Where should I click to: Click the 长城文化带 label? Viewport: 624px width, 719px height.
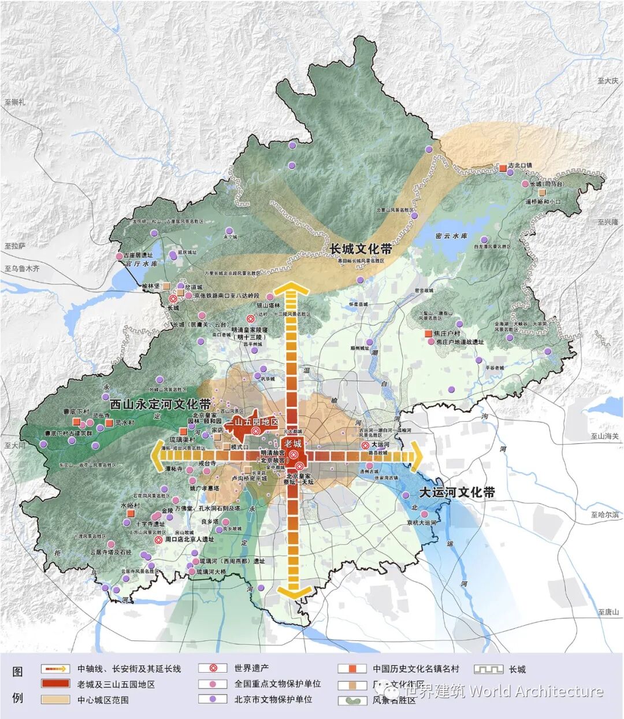(361, 249)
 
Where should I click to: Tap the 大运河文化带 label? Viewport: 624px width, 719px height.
(456, 492)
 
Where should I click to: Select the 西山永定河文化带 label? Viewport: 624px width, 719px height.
(160, 403)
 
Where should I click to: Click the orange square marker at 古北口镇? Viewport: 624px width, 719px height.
(503, 168)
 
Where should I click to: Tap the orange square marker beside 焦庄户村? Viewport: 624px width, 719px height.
(428, 334)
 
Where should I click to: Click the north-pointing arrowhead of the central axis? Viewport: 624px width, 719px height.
(291, 289)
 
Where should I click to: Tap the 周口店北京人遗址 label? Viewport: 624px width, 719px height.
(189, 539)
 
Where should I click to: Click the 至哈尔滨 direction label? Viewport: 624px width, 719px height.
(604, 514)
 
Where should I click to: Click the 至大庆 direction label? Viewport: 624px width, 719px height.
(608, 81)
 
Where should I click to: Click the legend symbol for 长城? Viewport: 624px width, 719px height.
(488, 669)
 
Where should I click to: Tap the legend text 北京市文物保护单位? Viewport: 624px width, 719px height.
(273, 699)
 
